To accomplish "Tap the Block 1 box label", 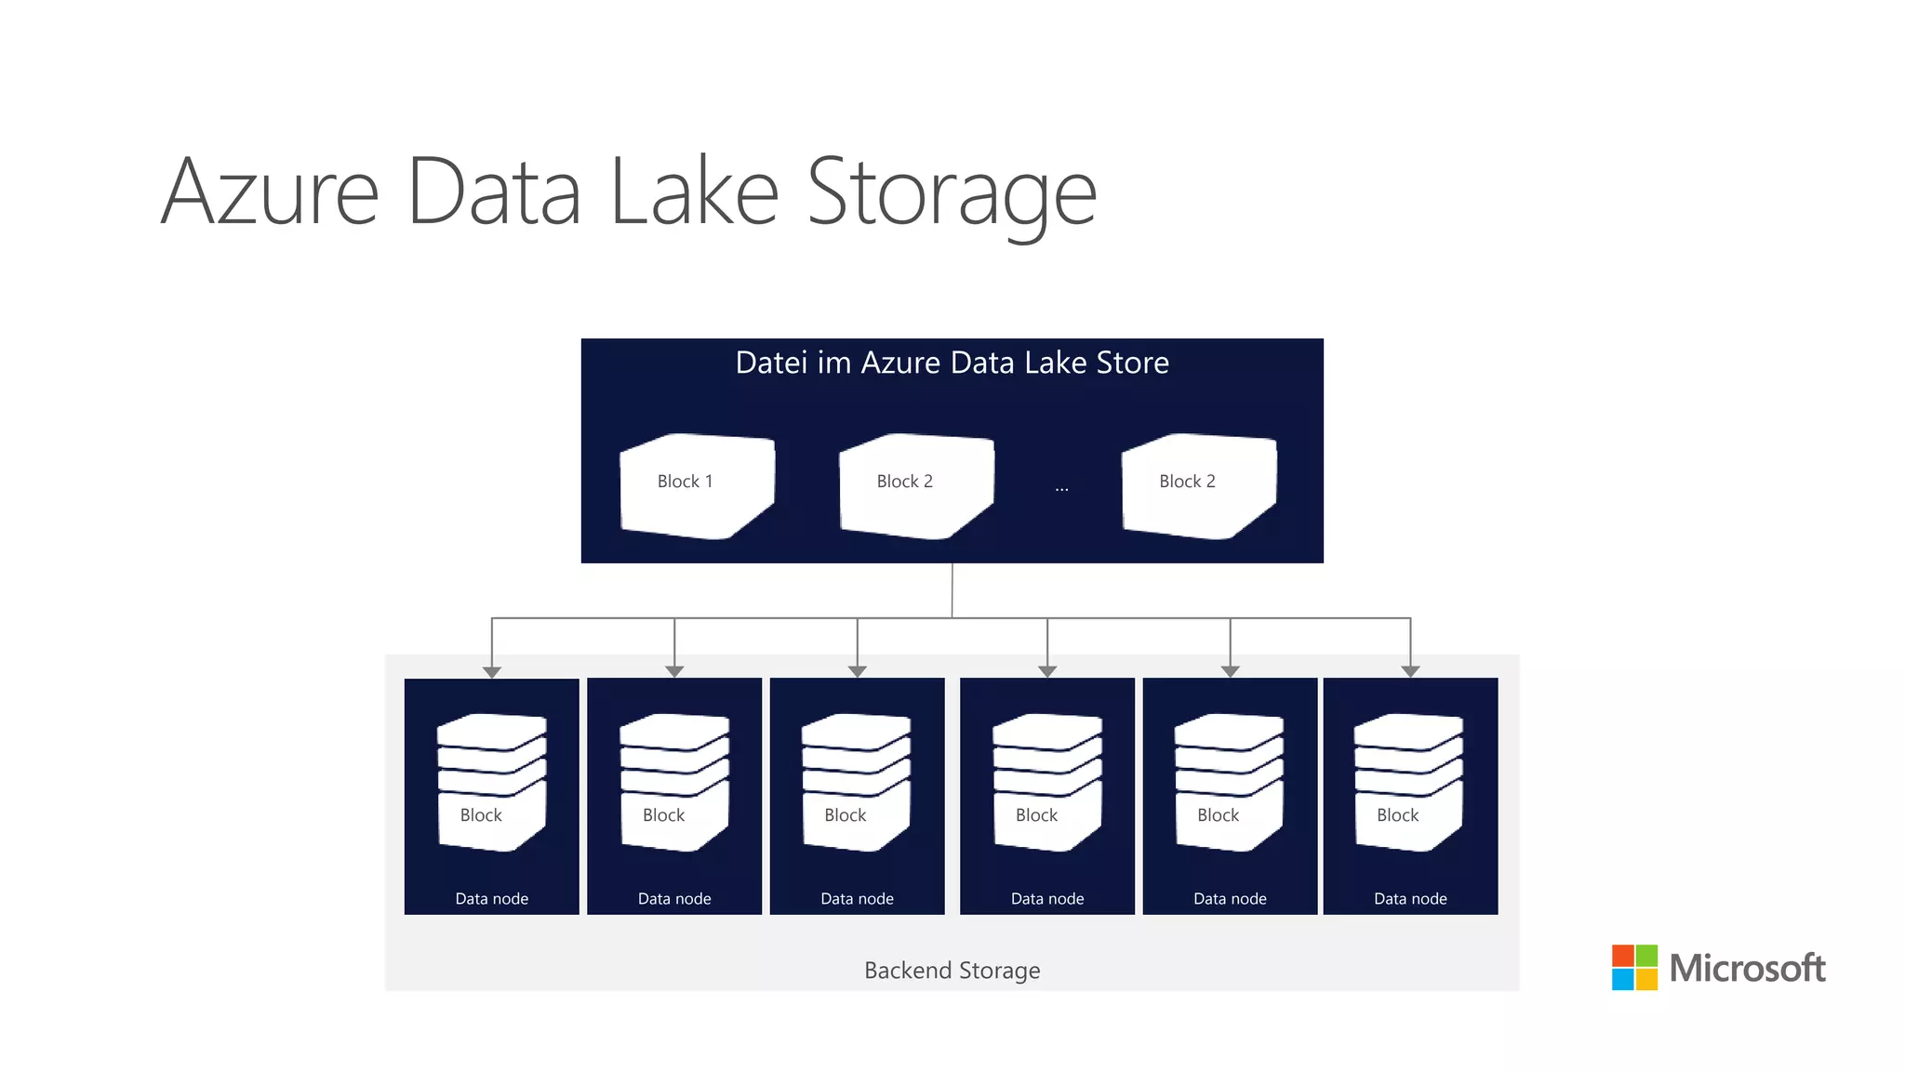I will [685, 482].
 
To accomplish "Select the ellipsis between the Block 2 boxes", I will [1061, 488].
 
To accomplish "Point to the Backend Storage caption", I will [952, 971].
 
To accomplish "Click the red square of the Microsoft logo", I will [1623, 956].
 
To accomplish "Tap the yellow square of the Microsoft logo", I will [1646, 979].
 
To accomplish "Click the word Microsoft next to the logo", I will [1747, 969].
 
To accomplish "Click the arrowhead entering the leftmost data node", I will [492, 671].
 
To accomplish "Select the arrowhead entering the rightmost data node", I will [1410, 671].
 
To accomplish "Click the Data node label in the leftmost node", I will [491, 899].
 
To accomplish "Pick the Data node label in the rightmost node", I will [1410, 899].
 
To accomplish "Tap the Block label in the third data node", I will [845, 815].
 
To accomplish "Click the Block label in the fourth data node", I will [1036, 815].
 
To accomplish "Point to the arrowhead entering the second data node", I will [674, 671].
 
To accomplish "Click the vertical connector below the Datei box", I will [952, 589].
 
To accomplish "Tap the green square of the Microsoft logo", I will [1646, 956].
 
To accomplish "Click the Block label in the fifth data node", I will [1218, 815].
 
